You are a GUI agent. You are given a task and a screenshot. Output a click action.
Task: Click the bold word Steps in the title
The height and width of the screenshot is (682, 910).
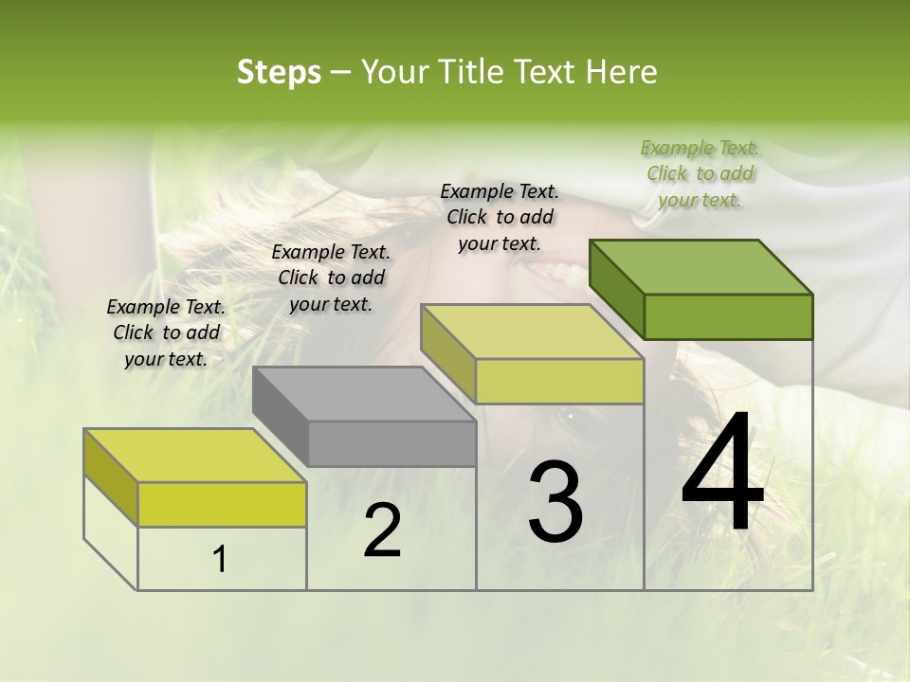coord(279,72)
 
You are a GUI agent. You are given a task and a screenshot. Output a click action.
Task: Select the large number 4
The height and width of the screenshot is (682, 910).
coord(722,474)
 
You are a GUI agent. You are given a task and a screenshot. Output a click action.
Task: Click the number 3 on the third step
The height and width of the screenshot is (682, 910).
coord(555,502)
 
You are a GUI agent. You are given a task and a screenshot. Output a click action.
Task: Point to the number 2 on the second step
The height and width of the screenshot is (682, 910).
coord(382,530)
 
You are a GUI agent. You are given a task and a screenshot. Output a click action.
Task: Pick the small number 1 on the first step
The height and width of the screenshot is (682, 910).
coord(220,560)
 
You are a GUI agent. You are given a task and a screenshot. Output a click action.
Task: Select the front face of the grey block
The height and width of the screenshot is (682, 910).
coord(391,443)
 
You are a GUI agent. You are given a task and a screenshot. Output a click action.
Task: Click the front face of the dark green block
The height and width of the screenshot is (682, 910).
coord(728,316)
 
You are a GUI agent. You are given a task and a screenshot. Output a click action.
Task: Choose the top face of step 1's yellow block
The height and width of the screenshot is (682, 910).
coord(195,455)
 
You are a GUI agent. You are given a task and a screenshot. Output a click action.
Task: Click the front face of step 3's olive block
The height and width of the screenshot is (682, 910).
coord(559,381)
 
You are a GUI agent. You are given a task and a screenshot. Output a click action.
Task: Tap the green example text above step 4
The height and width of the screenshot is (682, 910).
coord(700,173)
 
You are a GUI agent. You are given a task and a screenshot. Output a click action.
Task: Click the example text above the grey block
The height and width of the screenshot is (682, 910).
coord(331,278)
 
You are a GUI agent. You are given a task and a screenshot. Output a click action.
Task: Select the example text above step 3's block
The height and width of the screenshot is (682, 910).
coord(500,217)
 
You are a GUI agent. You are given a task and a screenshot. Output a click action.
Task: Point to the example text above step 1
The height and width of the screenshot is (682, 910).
coord(166,332)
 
